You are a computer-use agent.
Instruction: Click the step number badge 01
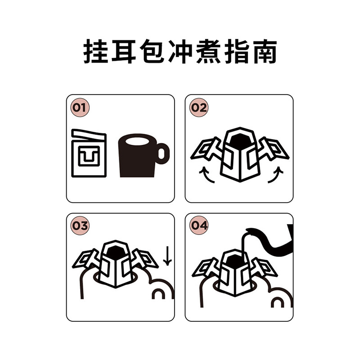[x=80, y=108]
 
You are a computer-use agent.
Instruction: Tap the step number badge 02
[x=198, y=108]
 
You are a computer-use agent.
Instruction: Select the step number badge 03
[x=80, y=226]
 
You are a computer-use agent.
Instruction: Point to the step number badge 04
[x=198, y=226]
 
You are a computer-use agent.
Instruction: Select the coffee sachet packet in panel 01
[x=89, y=154]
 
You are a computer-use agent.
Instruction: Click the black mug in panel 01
[x=138, y=157]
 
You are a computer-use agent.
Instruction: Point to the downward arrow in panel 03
[x=167, y=256]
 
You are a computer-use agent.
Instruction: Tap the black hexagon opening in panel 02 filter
[x=239, y=141]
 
